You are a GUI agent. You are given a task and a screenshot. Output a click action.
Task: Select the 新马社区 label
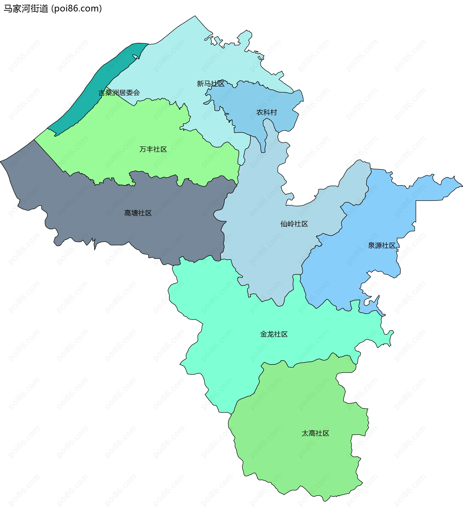coord(211,84)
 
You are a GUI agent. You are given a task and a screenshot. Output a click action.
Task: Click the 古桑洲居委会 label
coord(119,93)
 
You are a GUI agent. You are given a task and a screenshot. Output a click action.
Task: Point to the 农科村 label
coord(267,112)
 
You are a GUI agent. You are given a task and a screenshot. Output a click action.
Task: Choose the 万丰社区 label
coord(153,149)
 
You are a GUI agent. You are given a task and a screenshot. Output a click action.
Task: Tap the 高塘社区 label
coord(138,213)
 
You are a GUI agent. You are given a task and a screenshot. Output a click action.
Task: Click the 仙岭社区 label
coord(294,224)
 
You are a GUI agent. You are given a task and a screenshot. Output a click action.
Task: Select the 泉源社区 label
coord(381,246)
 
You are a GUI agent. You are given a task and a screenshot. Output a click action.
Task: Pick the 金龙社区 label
coord(274,334)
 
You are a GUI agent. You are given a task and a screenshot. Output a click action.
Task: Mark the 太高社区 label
coord(315,433)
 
